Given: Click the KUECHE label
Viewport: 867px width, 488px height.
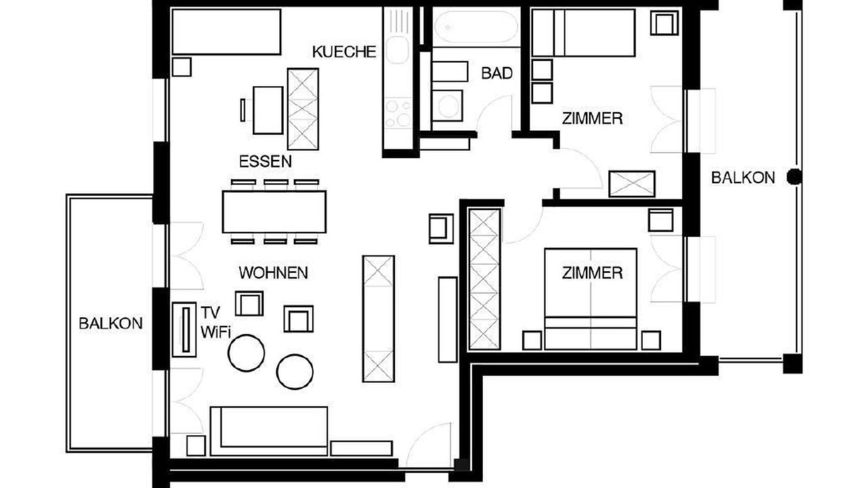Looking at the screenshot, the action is click(344, 52).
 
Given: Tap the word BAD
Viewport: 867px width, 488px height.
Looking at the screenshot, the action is click(497, 73).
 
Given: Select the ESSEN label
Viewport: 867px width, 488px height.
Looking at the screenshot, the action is click(266, 161).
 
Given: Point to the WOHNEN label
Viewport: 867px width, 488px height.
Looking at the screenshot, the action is click(273, 273).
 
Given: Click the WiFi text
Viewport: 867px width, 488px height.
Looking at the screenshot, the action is click(215, 332).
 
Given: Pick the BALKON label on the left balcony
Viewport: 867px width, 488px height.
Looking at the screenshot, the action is click(110, 323).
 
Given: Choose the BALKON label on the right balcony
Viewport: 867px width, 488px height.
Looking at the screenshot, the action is click(743, 178).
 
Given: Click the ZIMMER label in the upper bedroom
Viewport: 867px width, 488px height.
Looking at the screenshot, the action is click(592, 119).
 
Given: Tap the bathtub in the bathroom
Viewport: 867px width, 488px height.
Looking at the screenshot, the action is click(475, 26).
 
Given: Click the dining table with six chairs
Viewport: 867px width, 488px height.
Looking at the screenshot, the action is click(274, 212).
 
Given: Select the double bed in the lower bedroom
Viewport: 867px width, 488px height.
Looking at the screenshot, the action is click(591, 299).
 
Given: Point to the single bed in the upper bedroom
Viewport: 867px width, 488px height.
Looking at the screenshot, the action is click(584, 33).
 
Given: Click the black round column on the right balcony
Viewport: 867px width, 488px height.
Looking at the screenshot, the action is click(795, 177).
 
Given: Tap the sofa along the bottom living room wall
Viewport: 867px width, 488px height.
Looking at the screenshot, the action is click(269, 431).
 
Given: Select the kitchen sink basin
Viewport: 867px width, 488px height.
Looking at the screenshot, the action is click(396, 51).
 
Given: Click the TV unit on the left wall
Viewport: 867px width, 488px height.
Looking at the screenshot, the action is click(184, 329).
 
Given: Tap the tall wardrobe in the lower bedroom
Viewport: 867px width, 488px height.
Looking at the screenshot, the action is click(484, 279).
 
